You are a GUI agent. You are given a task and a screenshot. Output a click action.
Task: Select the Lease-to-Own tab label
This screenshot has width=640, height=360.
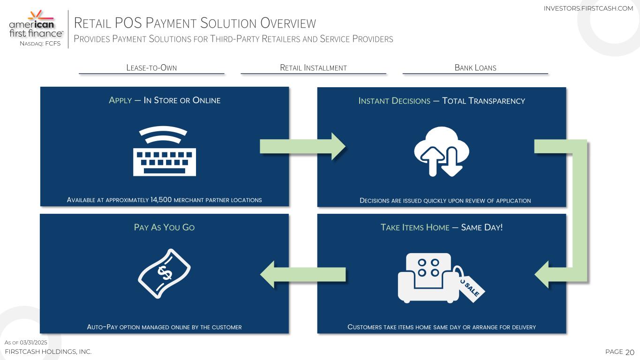click(151, 67)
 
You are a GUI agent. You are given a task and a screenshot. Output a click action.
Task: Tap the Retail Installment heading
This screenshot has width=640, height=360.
click(313, 67)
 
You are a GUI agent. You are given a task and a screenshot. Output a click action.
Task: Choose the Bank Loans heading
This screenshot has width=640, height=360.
click(475, 67)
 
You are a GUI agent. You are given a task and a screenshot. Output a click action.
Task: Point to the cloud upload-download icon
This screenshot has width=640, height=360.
click(441, 151)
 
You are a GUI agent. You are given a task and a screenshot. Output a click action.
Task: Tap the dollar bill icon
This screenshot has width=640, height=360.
click(164, 273)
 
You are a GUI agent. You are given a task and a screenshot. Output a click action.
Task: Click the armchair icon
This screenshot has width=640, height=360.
click(428, 277)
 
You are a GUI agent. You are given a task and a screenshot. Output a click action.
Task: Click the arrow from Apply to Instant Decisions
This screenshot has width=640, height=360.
click(302, 146)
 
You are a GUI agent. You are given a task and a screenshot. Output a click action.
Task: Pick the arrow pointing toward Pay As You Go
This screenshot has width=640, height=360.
click(302, 274)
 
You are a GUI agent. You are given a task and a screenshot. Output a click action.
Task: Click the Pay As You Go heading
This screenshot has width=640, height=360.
click(164, 227)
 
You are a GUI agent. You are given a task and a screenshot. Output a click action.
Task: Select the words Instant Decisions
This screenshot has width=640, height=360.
click(394, 101)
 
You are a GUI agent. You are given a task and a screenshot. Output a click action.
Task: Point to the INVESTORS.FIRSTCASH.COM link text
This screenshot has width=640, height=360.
click(588, 8)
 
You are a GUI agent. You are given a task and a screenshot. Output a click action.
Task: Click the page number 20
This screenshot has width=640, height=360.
click(630, 352)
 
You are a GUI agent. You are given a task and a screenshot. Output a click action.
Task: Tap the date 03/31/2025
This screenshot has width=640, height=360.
click(34, 343)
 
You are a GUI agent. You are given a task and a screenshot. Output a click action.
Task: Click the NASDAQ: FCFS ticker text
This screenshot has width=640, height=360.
click(40, 44)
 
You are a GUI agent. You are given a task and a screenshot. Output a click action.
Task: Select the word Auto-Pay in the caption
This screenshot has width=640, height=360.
click(102, 327)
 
